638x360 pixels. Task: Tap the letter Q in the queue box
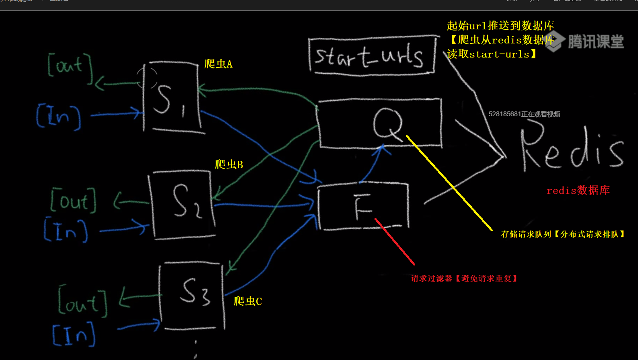point(387,123)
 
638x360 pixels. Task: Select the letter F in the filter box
point(363,207)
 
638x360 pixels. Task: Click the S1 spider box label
point(169,99)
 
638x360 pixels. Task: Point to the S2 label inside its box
point(186,201)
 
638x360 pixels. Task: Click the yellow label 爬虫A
point(218,64)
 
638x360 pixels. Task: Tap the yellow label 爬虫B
point(229,164)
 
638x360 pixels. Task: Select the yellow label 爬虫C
point(248,301)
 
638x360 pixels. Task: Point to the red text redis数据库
point(578,190)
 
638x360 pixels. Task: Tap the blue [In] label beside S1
point(59,116)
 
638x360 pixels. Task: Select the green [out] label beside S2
point(74,200)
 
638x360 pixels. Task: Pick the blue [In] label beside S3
point(74,334)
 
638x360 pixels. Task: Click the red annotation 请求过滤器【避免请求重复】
point(464,278)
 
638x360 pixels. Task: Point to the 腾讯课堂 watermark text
point(595,41)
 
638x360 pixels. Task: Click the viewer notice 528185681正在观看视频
point(524,114)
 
